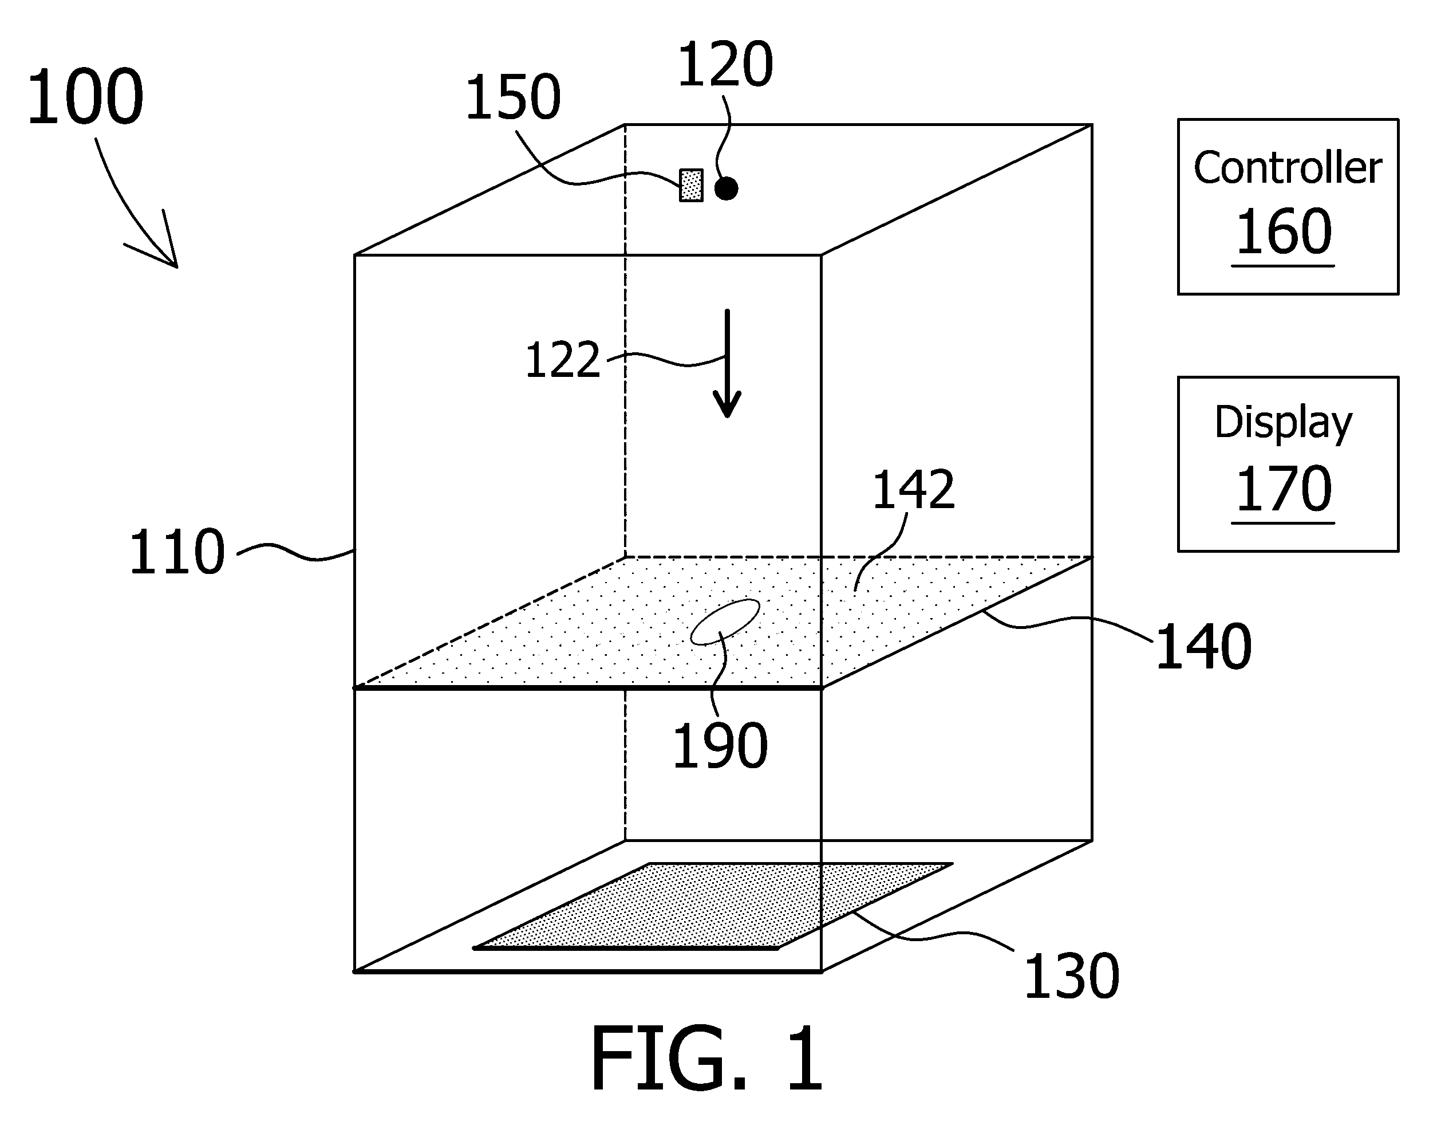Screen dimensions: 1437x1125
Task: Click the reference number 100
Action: pyautogui.click(x=85, y=97)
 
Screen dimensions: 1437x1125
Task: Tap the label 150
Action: pyautogui.click(x=513, y=97)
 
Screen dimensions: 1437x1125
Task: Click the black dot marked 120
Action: pyautogui.click(x=726, y=188)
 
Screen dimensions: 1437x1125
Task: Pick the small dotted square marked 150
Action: pyautogui.click(x=691, y=185)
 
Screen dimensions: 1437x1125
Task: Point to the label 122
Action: pyautogui.click(x=563, y=360)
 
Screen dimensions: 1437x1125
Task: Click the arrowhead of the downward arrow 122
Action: pyautogui.click(x=728, y=403)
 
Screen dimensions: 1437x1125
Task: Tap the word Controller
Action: pyautogui.click(x=1288, y=168)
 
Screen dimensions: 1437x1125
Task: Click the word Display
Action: pyautogui.click(x=1283, y=423)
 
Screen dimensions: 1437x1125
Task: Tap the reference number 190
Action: pyautogui.click(x=720, y=746)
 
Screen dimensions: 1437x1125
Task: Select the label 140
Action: pyautogui.click(x=1203, y=647)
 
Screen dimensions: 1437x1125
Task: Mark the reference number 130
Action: pyautogui.click(x=1072, y=976)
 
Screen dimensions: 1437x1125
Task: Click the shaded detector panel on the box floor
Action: pyautogui.click(x=713, y=906)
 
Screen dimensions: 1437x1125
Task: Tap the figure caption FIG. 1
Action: pyautogui.click(x=707, y=1059)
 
